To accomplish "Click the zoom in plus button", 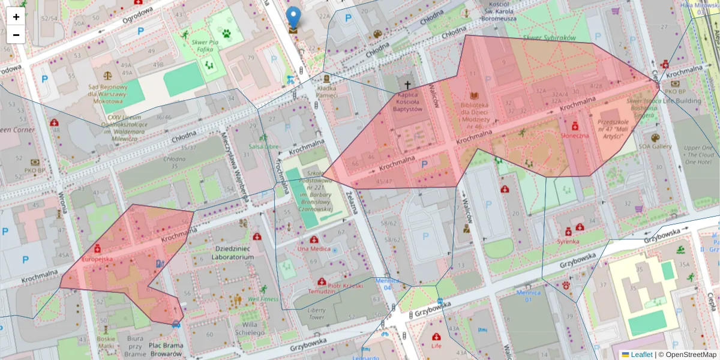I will click(16, 17).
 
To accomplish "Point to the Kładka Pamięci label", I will click(327, 91).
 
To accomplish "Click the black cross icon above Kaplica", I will click(408, 86).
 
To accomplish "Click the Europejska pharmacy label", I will click(97, 259).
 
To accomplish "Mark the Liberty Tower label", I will click(316, 313).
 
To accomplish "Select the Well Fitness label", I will click(263, 298).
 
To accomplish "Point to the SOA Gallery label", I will click(654, 146).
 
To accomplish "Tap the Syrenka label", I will click(568, 241).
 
